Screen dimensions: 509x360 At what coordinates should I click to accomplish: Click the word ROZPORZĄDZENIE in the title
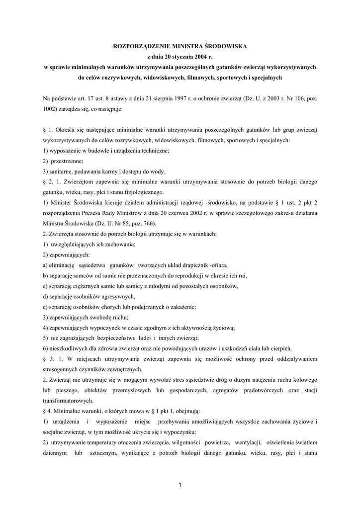pyautogui.click(x=141, y=46)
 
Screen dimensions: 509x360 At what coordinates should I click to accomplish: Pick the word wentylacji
pyautogui.click(x=250, y=442)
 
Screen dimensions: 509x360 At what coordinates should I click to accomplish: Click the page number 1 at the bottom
pyautogui.click(x=180, y=486)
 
